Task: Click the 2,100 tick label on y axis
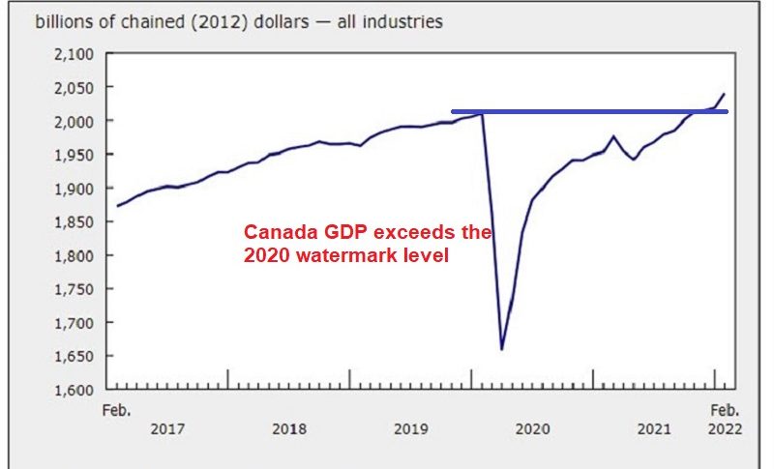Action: click(x=73, y=53)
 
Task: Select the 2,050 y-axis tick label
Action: click(x=73, y=87)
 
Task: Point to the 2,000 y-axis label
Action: click(x=73, y=121)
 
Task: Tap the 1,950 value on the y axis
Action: click(x=73, y=155)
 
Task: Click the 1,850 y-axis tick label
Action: click(x=73, y=221)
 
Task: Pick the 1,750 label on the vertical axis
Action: click(x=73, y=289)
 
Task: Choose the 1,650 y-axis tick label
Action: click(x=73, y=356)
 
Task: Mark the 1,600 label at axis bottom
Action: click(x=73, y=390)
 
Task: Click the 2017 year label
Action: click(x=167, y=428)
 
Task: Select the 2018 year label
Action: click(x=289, y=428)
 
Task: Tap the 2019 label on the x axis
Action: click(x=411, y=428)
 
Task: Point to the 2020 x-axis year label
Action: click(x=533, y=428)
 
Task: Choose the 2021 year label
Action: click(x=655, y=428)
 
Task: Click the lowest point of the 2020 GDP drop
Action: click(x=501, y=349)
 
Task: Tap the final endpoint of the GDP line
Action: click(x=725, y=94)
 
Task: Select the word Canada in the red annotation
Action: click(x=274, y=233)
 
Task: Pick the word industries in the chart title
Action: click(x=402, y=20)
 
